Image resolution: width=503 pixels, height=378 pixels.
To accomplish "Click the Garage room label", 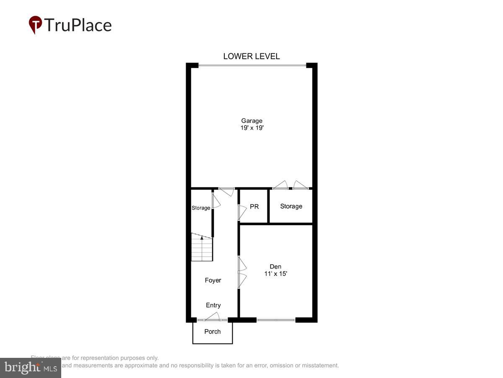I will point(251,121).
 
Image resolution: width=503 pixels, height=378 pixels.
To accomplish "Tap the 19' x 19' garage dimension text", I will point(251,128).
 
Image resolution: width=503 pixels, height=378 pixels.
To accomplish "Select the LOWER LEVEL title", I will point(251,56).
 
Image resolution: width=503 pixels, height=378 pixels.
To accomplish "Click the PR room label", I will point(254,207).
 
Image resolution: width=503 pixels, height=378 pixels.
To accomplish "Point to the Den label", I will point(275,266).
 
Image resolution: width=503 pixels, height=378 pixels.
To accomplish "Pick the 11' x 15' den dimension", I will point(275,273).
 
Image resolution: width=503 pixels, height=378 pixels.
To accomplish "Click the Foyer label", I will point(213,280).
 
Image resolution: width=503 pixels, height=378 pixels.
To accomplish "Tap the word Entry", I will point(213,305).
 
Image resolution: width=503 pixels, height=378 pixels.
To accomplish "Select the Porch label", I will point(213,331).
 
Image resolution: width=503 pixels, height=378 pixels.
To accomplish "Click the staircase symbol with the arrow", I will point(202,247).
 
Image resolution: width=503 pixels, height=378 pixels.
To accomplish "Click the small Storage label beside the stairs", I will point(201,208).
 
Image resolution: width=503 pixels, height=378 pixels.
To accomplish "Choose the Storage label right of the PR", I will point(291,206).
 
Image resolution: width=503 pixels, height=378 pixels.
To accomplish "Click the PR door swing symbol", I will point(242,212).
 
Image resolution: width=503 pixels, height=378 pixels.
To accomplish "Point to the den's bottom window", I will point(276,320).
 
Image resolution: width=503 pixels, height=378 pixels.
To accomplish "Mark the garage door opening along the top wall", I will point(252,65).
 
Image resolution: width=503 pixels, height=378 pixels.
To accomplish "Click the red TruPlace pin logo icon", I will point(35,24).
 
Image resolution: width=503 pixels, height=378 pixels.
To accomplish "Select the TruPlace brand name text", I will point(78,25).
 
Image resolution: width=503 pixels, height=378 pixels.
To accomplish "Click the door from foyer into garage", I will point(226,192).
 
